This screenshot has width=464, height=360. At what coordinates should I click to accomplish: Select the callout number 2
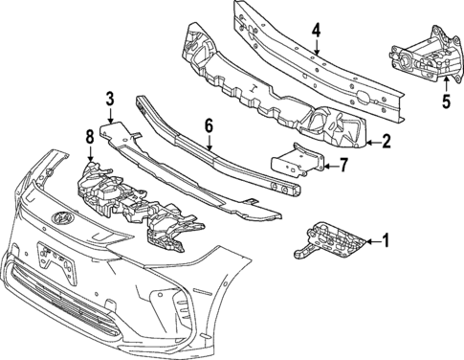(x=385, y=144)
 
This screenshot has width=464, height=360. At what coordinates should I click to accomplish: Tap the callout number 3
(x=109, y=98)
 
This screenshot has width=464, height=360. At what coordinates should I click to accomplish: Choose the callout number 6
(x=208, y=124)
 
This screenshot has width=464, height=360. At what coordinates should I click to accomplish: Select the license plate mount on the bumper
(x=50, y=257)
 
